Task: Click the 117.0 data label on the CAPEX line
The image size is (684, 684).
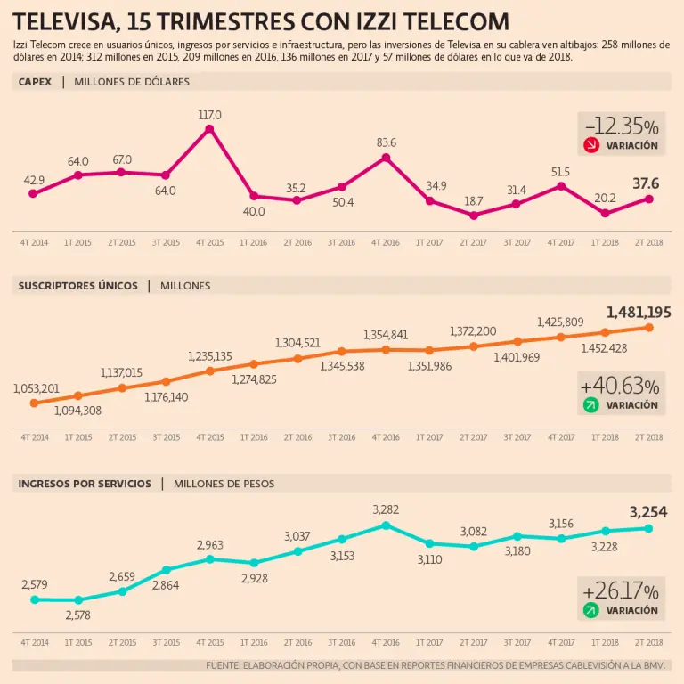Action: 210,115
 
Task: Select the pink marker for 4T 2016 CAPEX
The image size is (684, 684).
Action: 386,158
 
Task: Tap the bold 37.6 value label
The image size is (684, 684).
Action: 646,183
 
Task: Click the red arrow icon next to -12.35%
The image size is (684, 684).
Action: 590,145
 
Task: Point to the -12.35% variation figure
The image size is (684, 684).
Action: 622,126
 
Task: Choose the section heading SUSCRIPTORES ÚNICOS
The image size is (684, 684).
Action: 78,286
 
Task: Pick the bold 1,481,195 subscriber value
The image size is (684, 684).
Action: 638,312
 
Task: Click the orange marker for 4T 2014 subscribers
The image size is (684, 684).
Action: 34,403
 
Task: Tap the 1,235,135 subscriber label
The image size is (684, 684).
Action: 210,356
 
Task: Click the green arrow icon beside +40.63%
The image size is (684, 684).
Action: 590,405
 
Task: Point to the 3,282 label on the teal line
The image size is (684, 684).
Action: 386,509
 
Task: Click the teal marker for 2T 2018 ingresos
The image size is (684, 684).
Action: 648,528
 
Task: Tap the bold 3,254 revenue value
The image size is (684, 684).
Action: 648,512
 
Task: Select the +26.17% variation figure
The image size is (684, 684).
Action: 620,591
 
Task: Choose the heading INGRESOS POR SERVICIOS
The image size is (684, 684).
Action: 85,484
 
